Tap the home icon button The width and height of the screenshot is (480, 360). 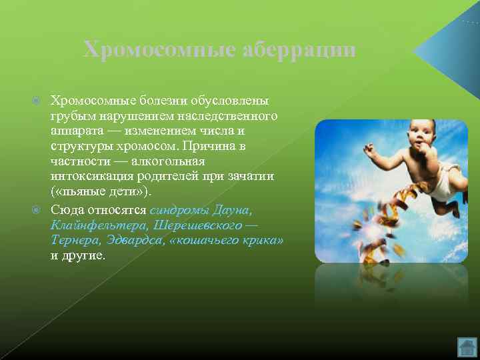click(x=467, y=347)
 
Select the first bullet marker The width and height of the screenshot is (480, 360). click(x=38, y=101)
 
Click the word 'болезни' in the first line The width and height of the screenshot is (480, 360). click(x=163, y=101)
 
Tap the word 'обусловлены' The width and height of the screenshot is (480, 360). click(x=230, y=101)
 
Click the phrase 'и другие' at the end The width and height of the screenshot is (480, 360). click(x=77, y=255)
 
